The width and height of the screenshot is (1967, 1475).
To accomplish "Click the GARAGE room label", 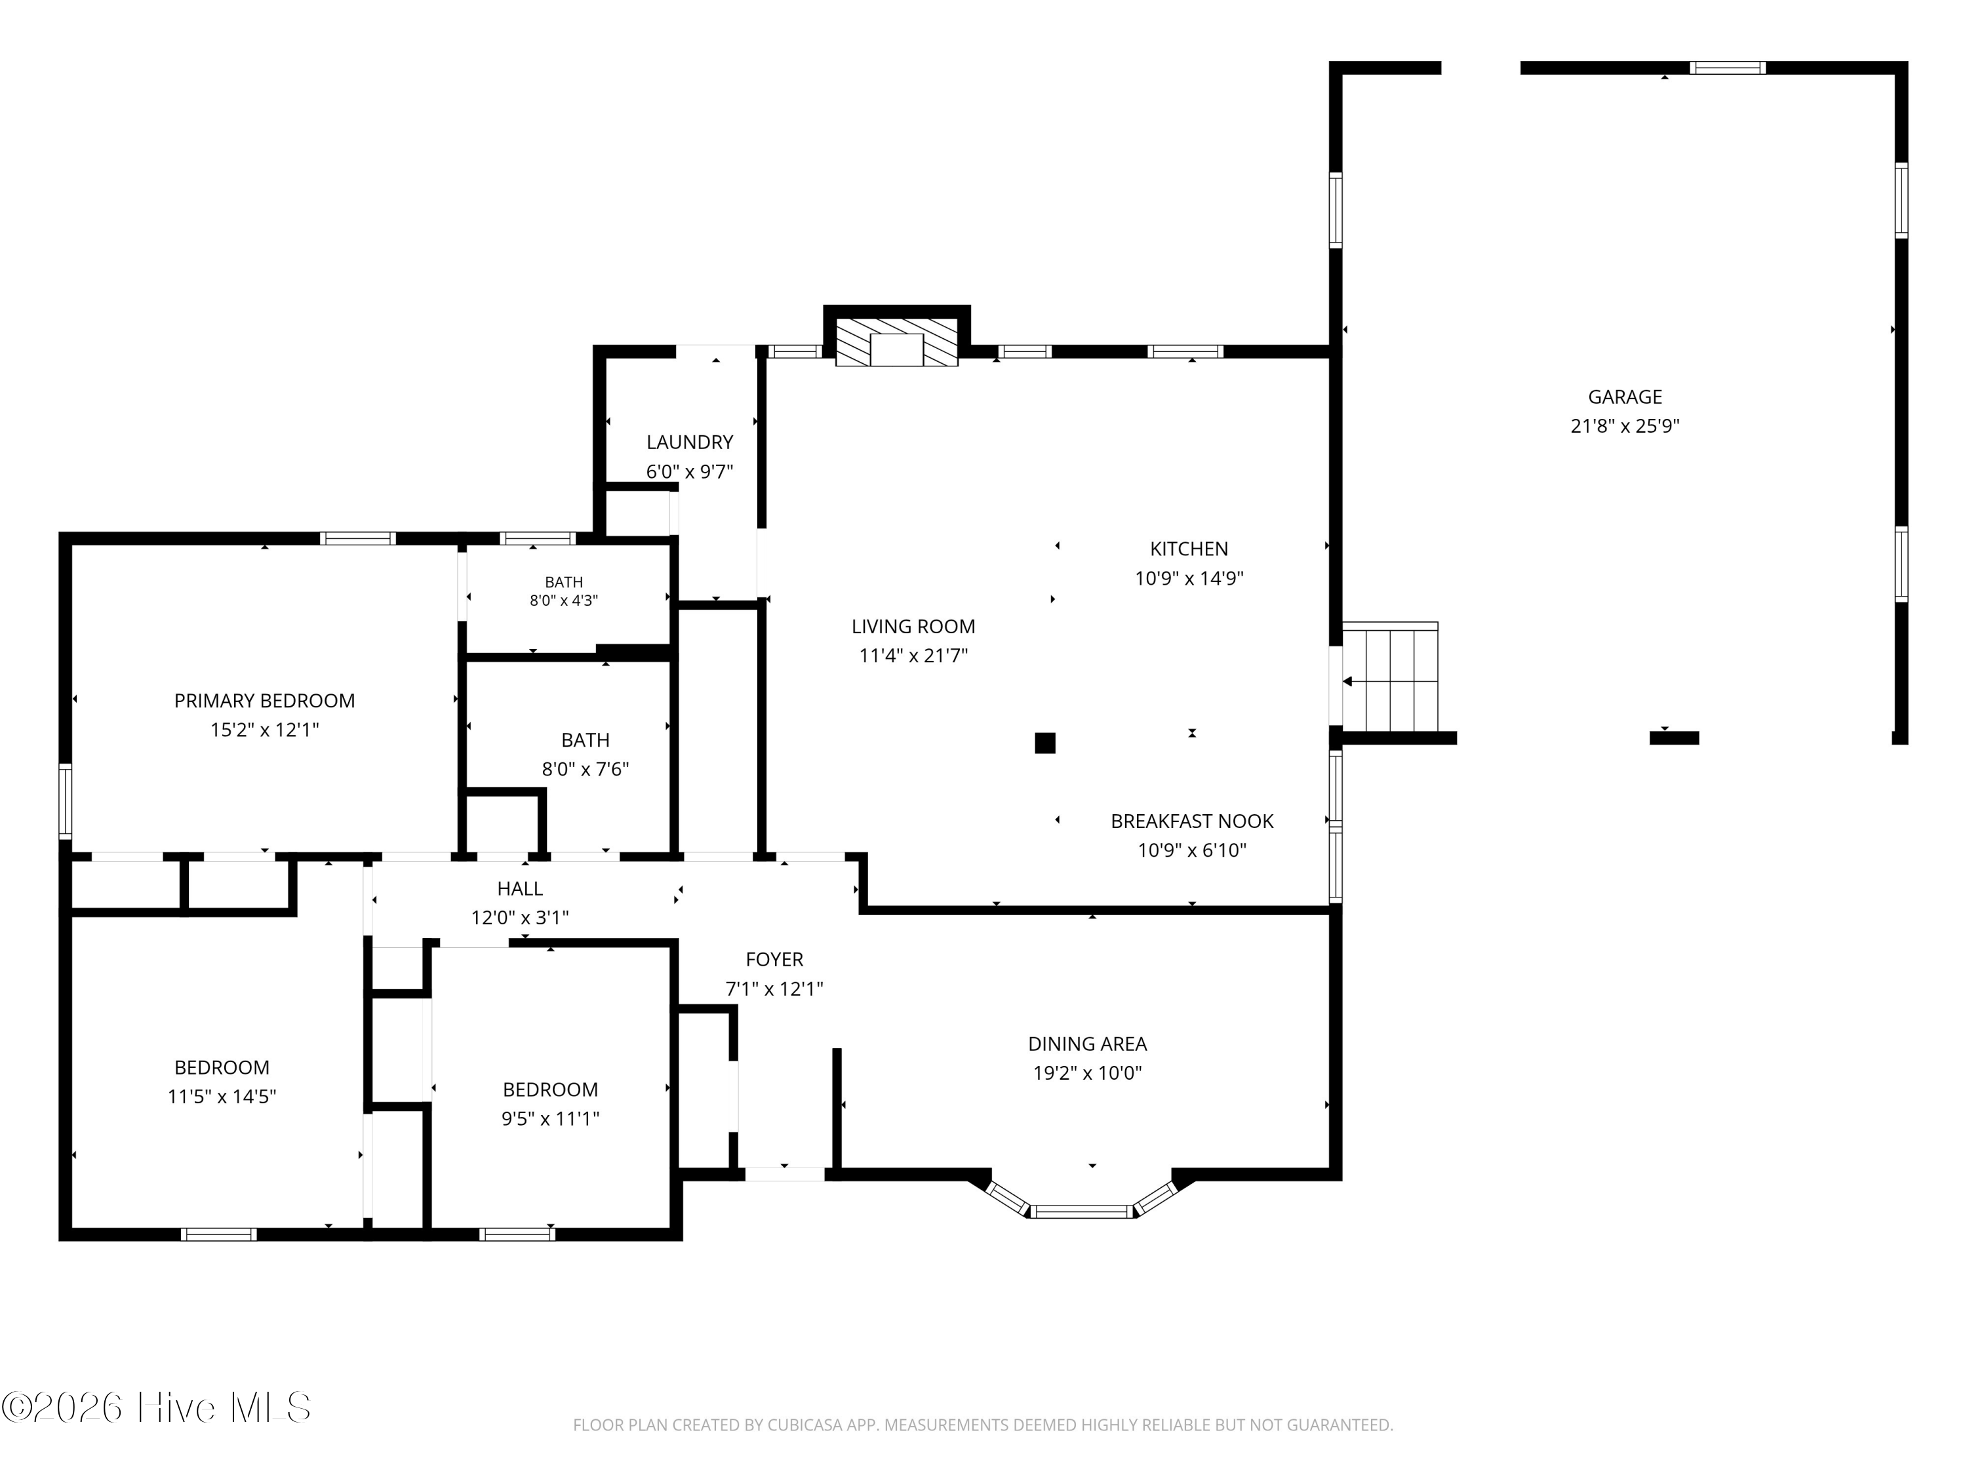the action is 1625,397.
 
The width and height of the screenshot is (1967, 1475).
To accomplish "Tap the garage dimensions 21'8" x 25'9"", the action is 1625,426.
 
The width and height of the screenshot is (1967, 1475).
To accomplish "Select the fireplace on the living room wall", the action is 896,342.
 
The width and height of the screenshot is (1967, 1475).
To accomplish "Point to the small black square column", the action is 1045,742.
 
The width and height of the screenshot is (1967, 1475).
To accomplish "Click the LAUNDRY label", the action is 689,442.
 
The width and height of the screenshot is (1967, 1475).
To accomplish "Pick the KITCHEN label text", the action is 1189,549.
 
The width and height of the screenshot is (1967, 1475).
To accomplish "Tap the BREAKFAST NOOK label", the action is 1191,821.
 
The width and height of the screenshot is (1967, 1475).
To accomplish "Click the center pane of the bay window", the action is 1083,1211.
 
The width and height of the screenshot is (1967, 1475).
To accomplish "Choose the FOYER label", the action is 774,959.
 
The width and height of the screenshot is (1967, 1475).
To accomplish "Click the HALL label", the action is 520,888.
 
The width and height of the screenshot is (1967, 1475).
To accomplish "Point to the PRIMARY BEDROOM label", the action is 264,701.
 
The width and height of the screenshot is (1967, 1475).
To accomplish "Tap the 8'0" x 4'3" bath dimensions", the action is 564,600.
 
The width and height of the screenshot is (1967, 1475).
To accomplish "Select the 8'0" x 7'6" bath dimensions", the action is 585,769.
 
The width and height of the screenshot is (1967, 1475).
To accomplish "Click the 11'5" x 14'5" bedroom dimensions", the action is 222,1096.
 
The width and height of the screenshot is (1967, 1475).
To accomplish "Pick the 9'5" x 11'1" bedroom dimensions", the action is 551,1118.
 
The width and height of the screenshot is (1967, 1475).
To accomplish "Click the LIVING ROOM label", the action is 913,626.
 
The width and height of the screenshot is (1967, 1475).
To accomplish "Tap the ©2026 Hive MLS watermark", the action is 157,1407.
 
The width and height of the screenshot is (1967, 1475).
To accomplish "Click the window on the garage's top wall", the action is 1727,68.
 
